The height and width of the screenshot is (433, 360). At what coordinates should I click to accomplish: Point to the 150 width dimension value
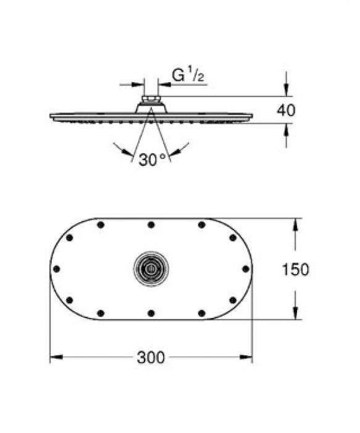pyautogui.click(x=295, y=269)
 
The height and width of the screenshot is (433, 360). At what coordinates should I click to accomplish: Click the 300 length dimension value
pyautogui.click(x=151, y=358)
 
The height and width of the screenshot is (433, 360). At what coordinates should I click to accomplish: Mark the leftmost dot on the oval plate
pyautogui.click(x=56, y=268)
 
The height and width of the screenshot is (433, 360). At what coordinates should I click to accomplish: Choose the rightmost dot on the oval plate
pyautogui.click(x=245, y=268)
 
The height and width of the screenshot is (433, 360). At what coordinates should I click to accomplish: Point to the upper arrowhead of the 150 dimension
pyautogui.click(x=295, y=223)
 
